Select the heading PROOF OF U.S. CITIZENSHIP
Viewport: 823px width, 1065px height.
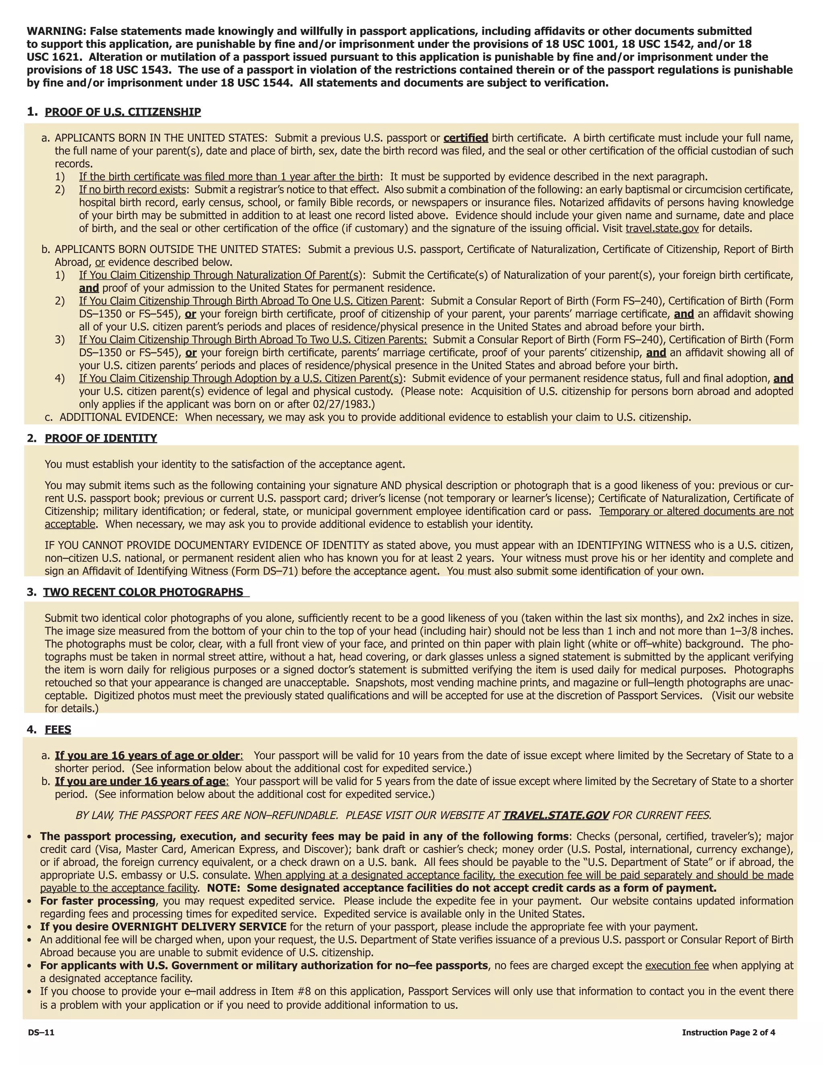(x=123, y=112)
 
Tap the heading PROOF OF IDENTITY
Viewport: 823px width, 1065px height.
(x=101, y=438)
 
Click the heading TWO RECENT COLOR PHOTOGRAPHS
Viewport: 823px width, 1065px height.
(x=143, y=592)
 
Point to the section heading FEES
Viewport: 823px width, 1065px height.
(x=58, y=729)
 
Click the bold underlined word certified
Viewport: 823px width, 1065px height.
(x=466, y=138)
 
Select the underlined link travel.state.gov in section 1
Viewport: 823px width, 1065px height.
(x=662, y=228)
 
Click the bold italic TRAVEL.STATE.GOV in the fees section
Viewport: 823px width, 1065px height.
(x=556, y=815)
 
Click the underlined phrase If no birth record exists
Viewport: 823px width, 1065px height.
(x=133, y=189)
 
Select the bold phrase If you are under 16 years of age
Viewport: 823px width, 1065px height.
(x=140, y=781)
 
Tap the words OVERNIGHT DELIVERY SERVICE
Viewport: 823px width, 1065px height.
(x=199, y=926)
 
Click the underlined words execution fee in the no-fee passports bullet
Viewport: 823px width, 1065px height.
(x=677, y=965)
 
